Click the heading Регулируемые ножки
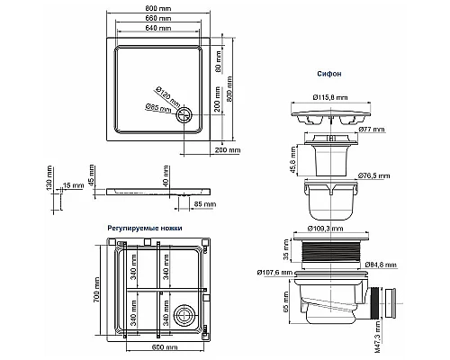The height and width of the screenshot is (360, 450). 144,229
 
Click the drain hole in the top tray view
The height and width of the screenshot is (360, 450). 185,113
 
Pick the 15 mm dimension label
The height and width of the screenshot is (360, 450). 73,185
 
